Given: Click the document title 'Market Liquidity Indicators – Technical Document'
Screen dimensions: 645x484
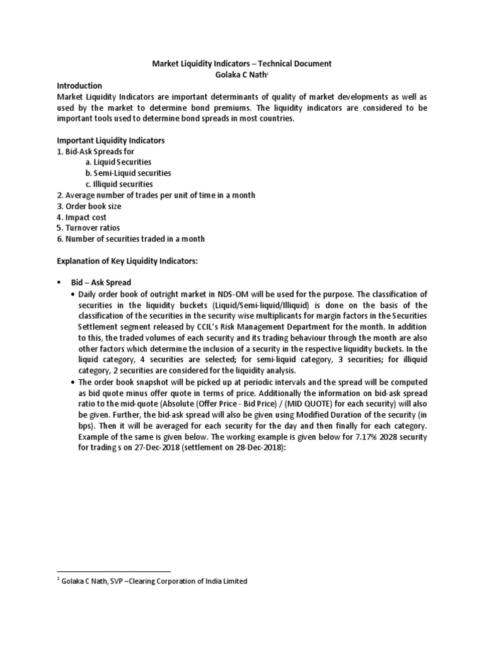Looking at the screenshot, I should click(243, 64).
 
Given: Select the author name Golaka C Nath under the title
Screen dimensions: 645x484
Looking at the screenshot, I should click(242, 74).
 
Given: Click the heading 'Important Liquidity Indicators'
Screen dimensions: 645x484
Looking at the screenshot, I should click(111, 140).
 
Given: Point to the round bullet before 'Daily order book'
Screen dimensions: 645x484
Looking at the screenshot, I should click(73, 294).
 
